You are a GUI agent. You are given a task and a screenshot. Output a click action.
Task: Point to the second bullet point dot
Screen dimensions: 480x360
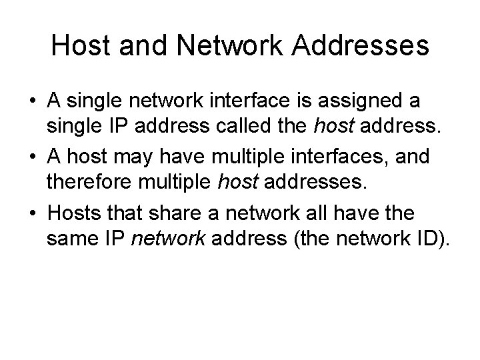tap(33, 157)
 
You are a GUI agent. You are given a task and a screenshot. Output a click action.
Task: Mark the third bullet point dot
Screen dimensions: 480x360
tap(33, 213)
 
